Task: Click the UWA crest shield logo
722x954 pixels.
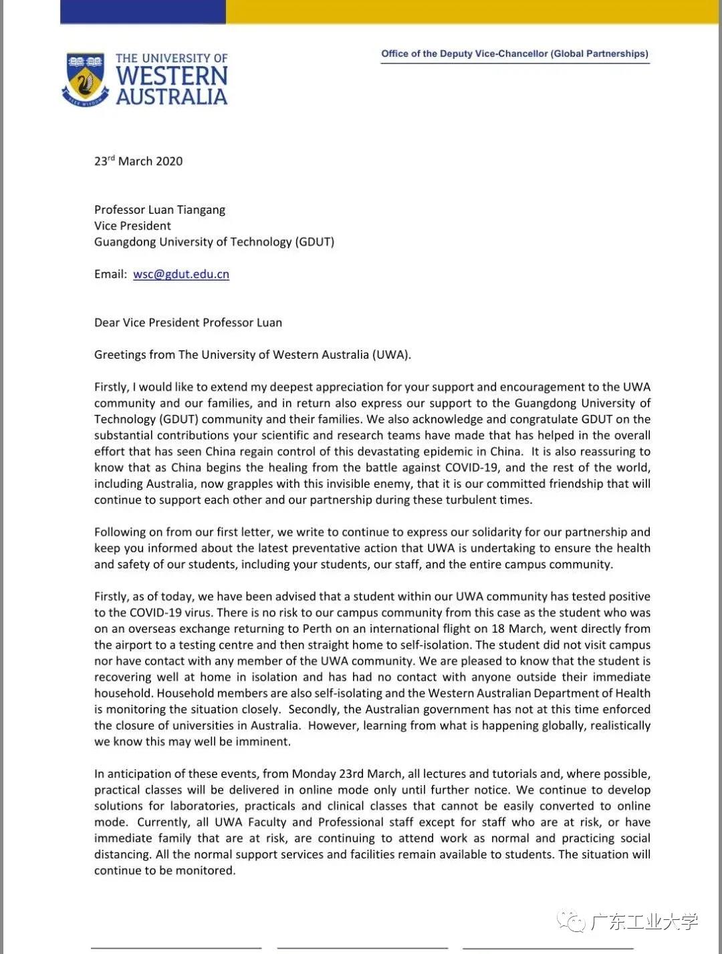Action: pos(85,79)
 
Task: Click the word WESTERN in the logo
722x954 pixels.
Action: pos(172,75)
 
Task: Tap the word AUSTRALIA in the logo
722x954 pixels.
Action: pos(172,97)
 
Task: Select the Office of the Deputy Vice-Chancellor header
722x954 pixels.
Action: pos(515,53)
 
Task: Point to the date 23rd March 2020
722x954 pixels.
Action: pos(138,161)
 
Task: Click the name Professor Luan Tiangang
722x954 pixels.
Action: pos(160,210)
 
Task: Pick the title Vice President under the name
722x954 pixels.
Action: pos(132,226)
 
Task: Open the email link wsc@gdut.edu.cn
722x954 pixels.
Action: pos(181,274)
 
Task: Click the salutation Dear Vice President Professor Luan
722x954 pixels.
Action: pos(188,323)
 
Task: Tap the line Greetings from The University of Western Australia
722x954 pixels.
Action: pos(253,355)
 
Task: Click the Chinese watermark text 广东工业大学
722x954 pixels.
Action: pos(644,922)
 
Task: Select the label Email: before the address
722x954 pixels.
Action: pos(110,274)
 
